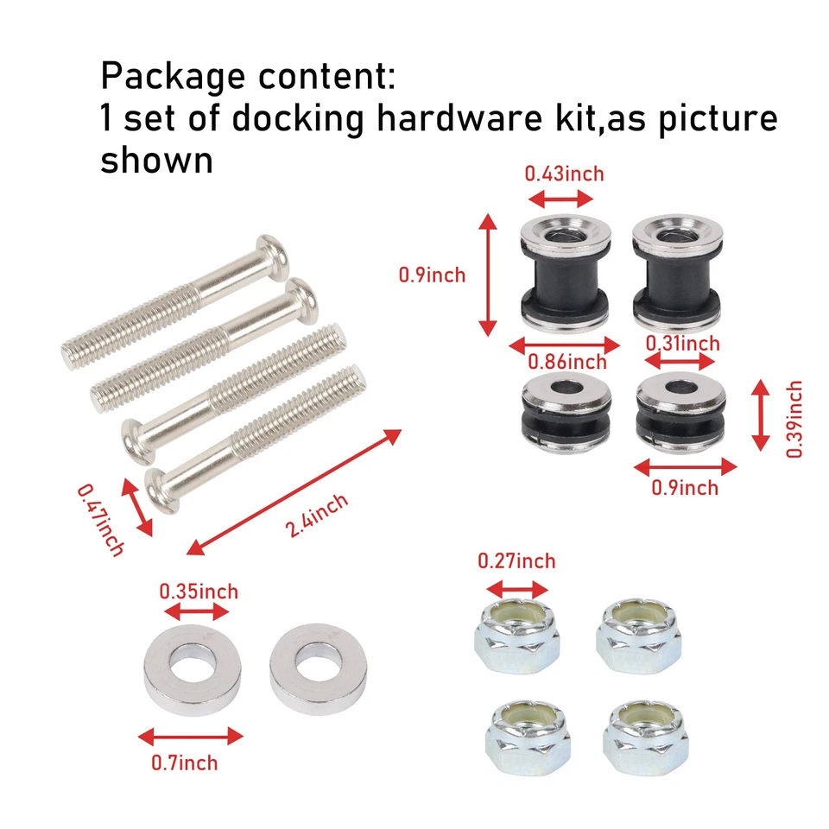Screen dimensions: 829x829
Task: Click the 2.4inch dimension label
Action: pyautogui.click(x=316, y=516)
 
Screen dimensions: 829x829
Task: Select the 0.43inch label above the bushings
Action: pyautogui.click(x=564, y=174)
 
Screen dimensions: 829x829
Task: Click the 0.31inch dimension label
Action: pyautogui.click(x=683, y=344)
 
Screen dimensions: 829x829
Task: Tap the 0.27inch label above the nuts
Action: pyautogui.click(x=516, y=561)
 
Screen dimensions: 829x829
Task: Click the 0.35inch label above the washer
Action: pyautogui.click(x=198, y=592)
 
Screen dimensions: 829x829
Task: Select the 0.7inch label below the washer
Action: pyautogui.click(x=184, y=763)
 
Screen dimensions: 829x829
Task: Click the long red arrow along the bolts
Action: pyautogui.click(x=294, y=490)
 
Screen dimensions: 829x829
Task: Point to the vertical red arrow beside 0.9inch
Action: pyautogui.click(x=488, y=275)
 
